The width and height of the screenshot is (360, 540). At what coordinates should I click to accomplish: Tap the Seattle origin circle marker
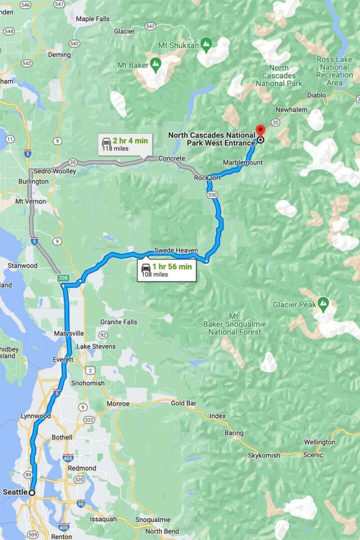tap(32, 492)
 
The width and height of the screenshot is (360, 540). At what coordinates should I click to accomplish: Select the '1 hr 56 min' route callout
tap(166, 270)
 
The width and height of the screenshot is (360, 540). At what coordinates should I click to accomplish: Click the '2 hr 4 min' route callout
tap(125, 144)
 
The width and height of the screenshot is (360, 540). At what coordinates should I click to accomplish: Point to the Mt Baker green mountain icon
tap(156, 63)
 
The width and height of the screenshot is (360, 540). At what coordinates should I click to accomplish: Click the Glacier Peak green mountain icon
tap(323, 302)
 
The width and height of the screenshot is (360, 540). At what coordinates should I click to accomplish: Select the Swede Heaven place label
tap(176, 250)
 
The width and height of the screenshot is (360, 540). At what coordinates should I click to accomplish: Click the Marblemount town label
tap(242, 163)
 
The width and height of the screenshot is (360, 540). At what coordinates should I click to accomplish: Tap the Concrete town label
tap(171, 158)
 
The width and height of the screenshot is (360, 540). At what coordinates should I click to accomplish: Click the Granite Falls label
tap(118, 322)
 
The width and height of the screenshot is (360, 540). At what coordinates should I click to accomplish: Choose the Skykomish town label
tap(264, 455)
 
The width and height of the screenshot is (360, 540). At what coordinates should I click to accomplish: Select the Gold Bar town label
tap(183, 403)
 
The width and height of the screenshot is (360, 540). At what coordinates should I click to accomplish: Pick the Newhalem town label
tap(290, 109)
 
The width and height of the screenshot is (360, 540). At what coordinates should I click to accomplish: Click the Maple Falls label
tap(92, 19)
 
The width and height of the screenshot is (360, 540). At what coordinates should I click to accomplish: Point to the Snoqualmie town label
tap(152, 520)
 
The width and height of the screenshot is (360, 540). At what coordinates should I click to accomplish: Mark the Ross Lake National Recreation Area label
tap(334, 71)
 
